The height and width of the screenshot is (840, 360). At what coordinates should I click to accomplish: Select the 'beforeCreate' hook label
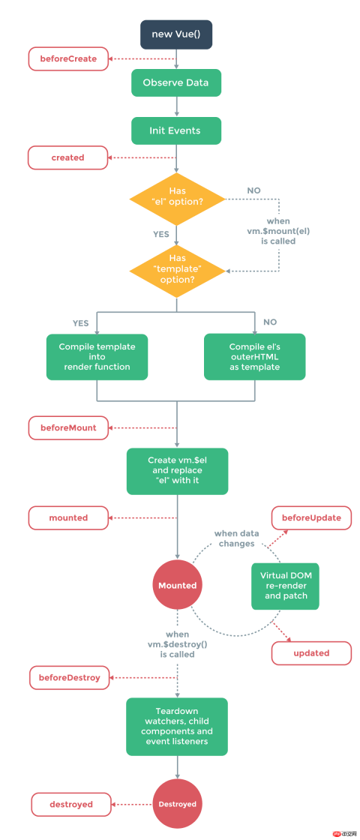point(68,58)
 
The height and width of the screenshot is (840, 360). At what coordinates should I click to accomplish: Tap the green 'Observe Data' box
point(176,82)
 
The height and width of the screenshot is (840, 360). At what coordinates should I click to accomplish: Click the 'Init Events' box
point(176,130)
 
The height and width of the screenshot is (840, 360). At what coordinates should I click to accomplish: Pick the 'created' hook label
point(68,157)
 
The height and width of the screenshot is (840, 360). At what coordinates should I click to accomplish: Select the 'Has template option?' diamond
point(177,268)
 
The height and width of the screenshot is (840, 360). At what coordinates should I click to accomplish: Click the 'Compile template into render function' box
point(94,356)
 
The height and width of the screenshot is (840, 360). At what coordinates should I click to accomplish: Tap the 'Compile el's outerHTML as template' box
point(255,356)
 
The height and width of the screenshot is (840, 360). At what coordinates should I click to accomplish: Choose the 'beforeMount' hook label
point(68,427)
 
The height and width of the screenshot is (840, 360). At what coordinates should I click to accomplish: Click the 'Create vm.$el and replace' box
point(177,471)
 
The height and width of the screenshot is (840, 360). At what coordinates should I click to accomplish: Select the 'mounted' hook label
point(68,517)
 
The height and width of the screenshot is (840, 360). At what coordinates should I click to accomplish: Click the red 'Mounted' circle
point(177,585)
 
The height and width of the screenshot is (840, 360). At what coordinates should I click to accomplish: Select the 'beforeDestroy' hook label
point(68,677)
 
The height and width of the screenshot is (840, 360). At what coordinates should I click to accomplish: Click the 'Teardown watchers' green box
point(177,725)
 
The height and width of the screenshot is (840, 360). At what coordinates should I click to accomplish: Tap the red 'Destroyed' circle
point(177,804)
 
